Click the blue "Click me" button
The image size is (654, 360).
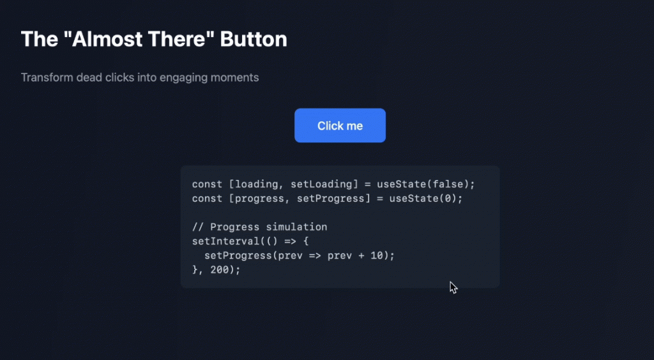click(340, 125)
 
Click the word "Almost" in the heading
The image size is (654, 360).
click(106, 39)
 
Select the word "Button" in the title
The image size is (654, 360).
click(254, 39)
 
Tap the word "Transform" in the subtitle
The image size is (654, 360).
click(47, 77)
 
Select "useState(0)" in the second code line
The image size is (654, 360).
click(423, 199)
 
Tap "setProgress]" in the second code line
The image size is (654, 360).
click(333, 199)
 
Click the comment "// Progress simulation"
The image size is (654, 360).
click(259, 227)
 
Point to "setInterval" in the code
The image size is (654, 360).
click(225, 241)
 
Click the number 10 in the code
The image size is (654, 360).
click(377, 255)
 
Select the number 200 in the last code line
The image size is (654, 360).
click(220, 270)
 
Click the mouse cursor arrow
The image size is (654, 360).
click(453, 287)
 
